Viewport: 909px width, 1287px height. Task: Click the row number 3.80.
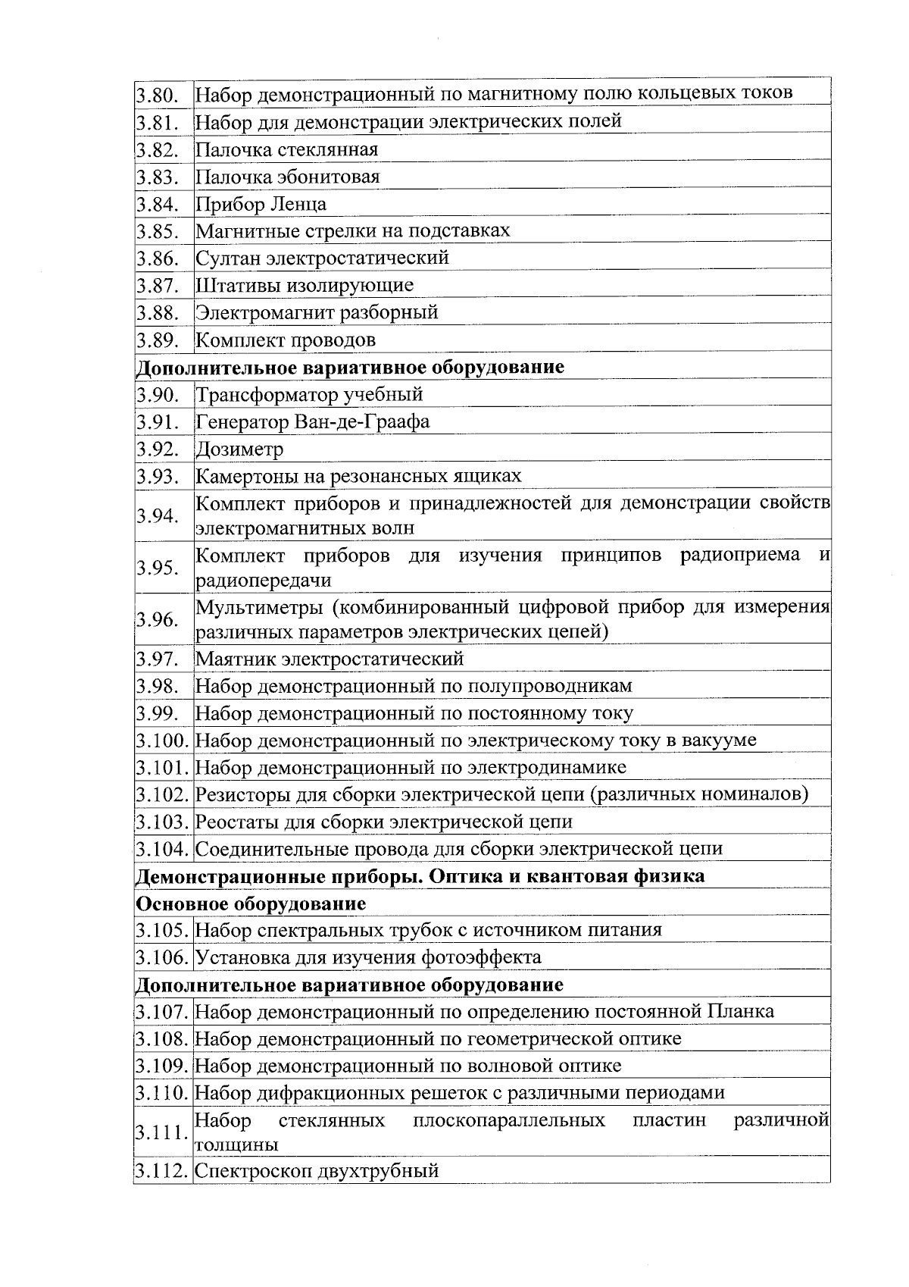[157, 96]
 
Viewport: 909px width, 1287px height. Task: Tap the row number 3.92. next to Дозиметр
[157, 449]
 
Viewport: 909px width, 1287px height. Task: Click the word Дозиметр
[239, 449]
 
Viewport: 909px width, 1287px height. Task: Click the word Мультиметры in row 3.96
[258, 608]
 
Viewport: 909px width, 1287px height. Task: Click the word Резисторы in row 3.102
[242, 795]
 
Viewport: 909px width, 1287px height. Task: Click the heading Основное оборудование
[251, 904]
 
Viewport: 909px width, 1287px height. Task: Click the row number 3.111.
[161, 1133]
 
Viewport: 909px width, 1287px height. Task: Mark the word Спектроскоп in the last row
[254, 1171]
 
